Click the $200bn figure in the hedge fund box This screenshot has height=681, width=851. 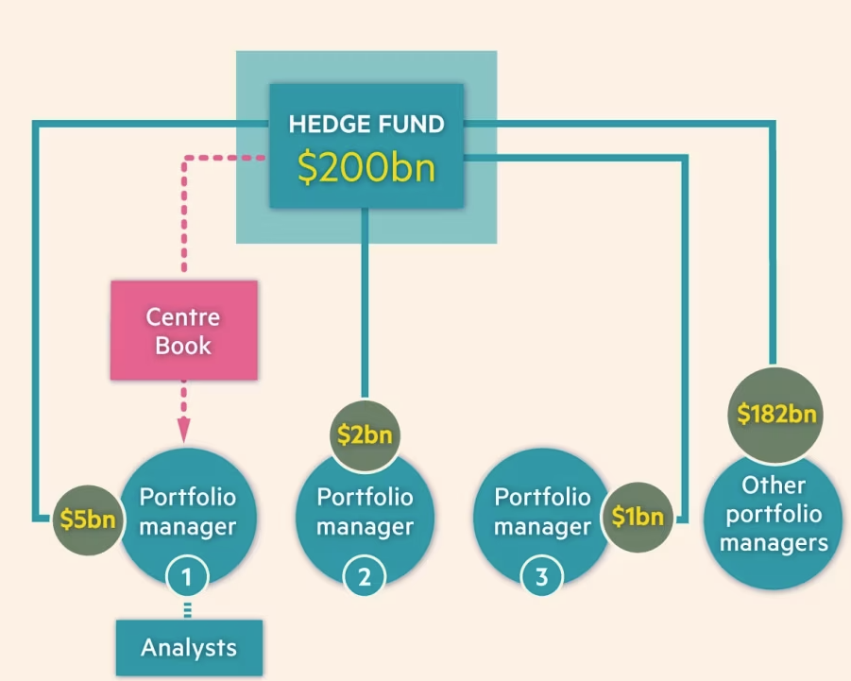pos(366,165)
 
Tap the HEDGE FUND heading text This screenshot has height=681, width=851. pos(366,124)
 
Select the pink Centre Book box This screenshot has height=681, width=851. pos(183,331)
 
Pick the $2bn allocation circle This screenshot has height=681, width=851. pos(365,435)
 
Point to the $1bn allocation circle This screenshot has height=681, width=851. pos(637,517)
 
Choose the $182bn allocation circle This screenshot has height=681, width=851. pos(776,414)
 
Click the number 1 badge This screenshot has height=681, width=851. pos(186,575)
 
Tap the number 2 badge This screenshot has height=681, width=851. pos(364,576)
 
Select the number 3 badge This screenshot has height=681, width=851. pos(541,576)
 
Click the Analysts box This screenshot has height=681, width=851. pos(189,648)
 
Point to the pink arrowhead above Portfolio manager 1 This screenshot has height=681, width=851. pos(184,431)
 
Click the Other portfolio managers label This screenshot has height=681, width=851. pos(774,515)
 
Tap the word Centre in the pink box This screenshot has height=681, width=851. pos(183,316)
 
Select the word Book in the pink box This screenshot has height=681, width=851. pos(183,345)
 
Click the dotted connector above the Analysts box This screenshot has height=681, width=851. pos(187,609)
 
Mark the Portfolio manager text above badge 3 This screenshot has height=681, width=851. pos(542,511)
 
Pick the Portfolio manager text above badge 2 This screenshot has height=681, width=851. pos(365,511)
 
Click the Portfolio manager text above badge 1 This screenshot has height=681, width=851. pos(188,511)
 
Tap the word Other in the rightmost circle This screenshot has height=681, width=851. pos(774,485)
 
